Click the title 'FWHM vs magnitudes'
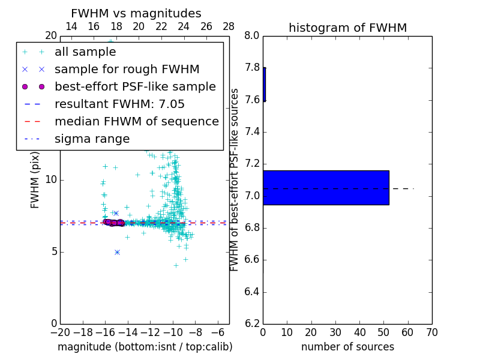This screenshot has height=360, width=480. (x=136, y=13)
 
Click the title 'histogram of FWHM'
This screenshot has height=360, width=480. (x=347, y=28)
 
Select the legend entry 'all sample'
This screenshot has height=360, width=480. (x=85, y=52)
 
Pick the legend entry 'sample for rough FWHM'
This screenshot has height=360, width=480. (x=127, y=69)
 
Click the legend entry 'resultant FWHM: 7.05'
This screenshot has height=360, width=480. (x=119, y=104)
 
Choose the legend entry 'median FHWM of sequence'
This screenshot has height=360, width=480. (x=136, y=121)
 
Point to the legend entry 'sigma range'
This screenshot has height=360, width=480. (x=92, y=139)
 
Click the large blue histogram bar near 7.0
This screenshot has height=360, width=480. (x=326, y=188)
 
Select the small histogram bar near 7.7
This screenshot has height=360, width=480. (x=264, y=84)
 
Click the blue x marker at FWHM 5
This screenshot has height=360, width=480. (x=117, y=252)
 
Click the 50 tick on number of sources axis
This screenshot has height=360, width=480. (x=383, y=332)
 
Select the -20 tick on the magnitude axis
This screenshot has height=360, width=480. (x=60, y=332)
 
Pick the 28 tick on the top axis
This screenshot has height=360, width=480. (x=229, y=26)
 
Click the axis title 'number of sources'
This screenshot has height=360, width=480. (x=347, y=347)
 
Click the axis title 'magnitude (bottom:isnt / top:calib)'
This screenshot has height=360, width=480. (x=145, y=347)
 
